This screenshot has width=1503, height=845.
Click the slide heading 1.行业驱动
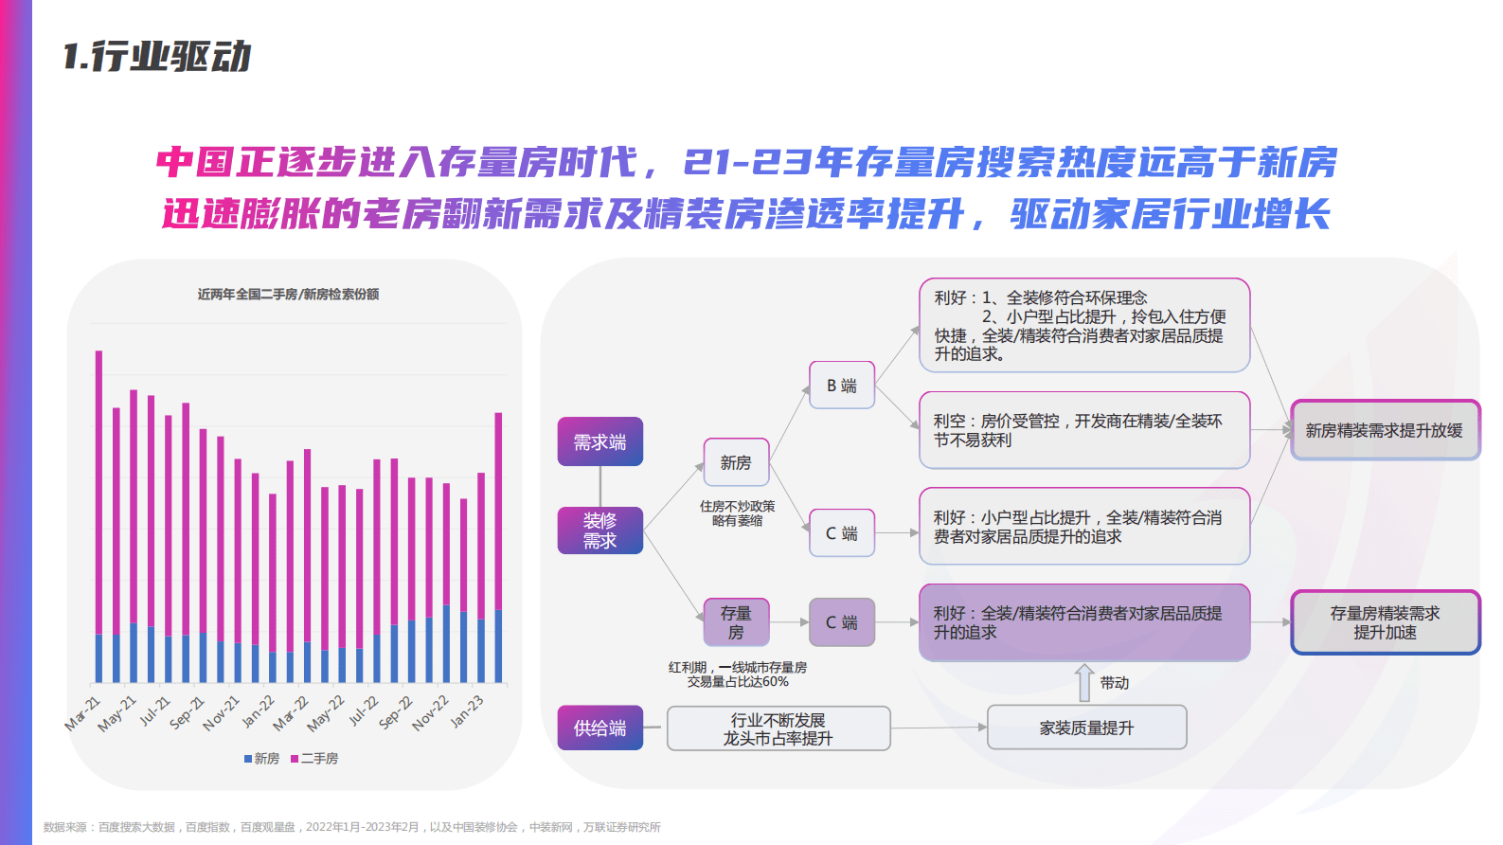[157, 57]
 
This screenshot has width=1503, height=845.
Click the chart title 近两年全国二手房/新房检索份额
[288, 295]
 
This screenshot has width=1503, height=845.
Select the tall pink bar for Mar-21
[98, 493]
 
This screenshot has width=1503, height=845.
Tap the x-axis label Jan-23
[467, 710]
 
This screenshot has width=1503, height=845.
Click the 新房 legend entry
[261, 759]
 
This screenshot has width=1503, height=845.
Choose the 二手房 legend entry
[314, 759]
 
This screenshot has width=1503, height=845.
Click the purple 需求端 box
[599, 441]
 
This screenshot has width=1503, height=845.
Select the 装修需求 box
[599, 530]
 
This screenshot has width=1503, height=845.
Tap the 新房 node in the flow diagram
[736, 462]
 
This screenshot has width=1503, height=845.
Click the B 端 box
[841, 386]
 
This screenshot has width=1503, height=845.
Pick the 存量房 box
[736, 622]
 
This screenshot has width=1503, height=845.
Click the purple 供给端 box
[599, 728]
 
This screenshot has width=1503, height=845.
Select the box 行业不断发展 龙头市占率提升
[778, 728]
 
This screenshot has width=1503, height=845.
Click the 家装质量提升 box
[1086, 728]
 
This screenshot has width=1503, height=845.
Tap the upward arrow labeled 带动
[1084, 682]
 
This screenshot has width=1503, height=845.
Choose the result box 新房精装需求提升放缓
[1385, 430]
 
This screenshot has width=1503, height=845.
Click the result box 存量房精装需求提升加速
[1385, 622]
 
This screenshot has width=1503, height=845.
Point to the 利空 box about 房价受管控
[1084, 430]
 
